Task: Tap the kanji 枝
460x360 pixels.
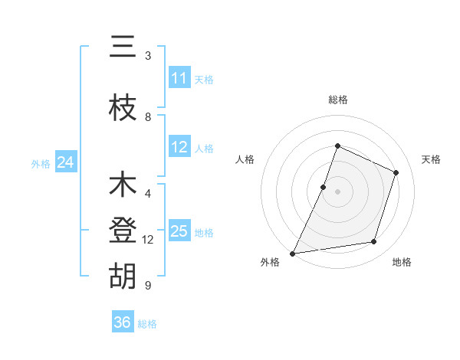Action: pyautogui.click(x=123, y=107)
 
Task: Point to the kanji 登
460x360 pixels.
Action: pyautogui.click(x=123, y=231)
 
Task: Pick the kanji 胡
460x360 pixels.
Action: pyautogui.click(x=123, y=277)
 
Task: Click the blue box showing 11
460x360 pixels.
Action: pyautogui.click(x=179, y=78)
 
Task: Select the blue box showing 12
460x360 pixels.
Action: pyautogui.click(x=179, y=148)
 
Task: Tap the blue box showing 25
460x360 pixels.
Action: pyautogui.click(x=179, y=231)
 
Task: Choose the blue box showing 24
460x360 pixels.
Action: pyautogui.click(x=65, y=162)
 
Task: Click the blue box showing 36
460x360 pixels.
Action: pyautogui.click(x=123, y=322)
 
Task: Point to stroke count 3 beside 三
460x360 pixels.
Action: pyautogui.click(x=148, y=56)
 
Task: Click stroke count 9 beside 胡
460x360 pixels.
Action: pyautogui.click(x=148, y=286)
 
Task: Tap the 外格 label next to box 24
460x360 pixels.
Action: pyautogui.click(x=41, y=163)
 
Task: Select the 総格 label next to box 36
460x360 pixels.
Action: pyautogui.click(x=147, y=323)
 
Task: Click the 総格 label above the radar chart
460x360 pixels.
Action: pyautogui.click(x=337, y=100)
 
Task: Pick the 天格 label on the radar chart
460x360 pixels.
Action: pyautogui.click(x=431, y=159)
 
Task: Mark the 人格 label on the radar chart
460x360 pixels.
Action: pyautogui.click(x=245, y=159)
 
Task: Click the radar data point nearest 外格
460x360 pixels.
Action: pyautogui.click(x=292, y=254)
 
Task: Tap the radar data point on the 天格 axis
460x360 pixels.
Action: pyautogui.click(x=396, y=172)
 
